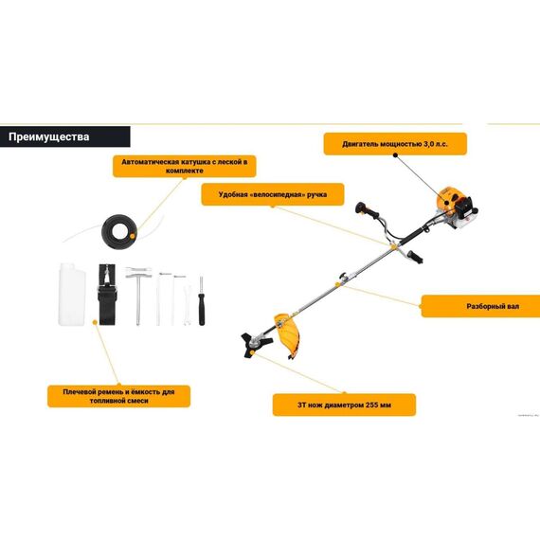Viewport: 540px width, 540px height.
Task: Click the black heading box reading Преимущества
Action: click(x=65, y=136)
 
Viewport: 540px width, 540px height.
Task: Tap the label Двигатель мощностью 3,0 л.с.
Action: click(x=395, y=144)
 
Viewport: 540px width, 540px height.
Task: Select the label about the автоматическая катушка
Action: click(x=184, y=167)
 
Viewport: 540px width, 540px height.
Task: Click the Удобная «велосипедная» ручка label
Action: click(x=273, y=194)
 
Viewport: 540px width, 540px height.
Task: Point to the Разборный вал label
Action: click(x=480, y=306)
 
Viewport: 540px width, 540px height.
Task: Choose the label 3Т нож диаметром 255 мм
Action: click(x=344, y=405)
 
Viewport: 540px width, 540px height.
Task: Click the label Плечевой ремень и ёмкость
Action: click(x=118, y=396)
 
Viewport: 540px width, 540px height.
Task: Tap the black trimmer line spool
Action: click(x=119, y=232)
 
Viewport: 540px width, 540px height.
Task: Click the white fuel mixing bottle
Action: click(x=72, y=294)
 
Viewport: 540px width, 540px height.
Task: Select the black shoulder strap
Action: click(x=107, y=295)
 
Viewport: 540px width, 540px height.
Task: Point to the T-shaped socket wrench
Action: click(x=138, y=296)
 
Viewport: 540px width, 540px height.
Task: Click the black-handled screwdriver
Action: click(x=202, y=300)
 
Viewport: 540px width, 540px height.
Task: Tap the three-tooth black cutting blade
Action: click(x=256, y=345)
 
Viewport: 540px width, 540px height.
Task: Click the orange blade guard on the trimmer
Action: click(x=287, y=334)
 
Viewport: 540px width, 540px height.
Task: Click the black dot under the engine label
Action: click(x=395, y=155)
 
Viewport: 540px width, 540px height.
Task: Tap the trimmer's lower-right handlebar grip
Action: click(x=415, y=257)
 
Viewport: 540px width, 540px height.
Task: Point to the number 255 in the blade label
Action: click(x=372, y=405)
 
